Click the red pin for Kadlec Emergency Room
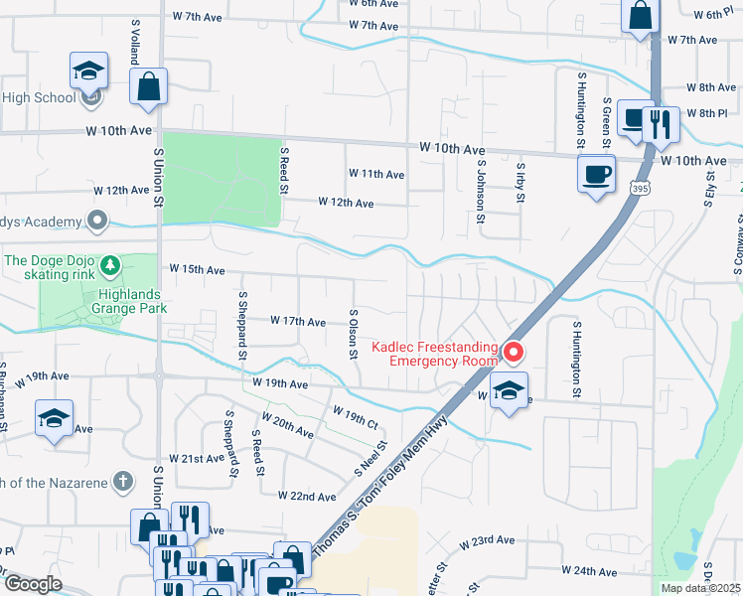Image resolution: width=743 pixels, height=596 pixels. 513,352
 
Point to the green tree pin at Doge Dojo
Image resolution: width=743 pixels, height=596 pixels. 112,264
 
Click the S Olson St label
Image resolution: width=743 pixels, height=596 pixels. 353,334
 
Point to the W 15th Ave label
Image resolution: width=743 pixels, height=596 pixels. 197,269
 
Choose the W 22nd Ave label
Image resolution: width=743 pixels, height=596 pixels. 307,496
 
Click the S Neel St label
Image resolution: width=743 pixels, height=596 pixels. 370,459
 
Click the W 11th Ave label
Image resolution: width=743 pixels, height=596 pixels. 375,174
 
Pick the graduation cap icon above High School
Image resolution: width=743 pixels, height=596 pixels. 88,70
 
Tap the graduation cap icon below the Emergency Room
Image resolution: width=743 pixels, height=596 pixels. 508,390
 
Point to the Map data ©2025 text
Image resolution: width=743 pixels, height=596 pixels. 700,588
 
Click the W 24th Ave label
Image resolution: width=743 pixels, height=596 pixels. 591,571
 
